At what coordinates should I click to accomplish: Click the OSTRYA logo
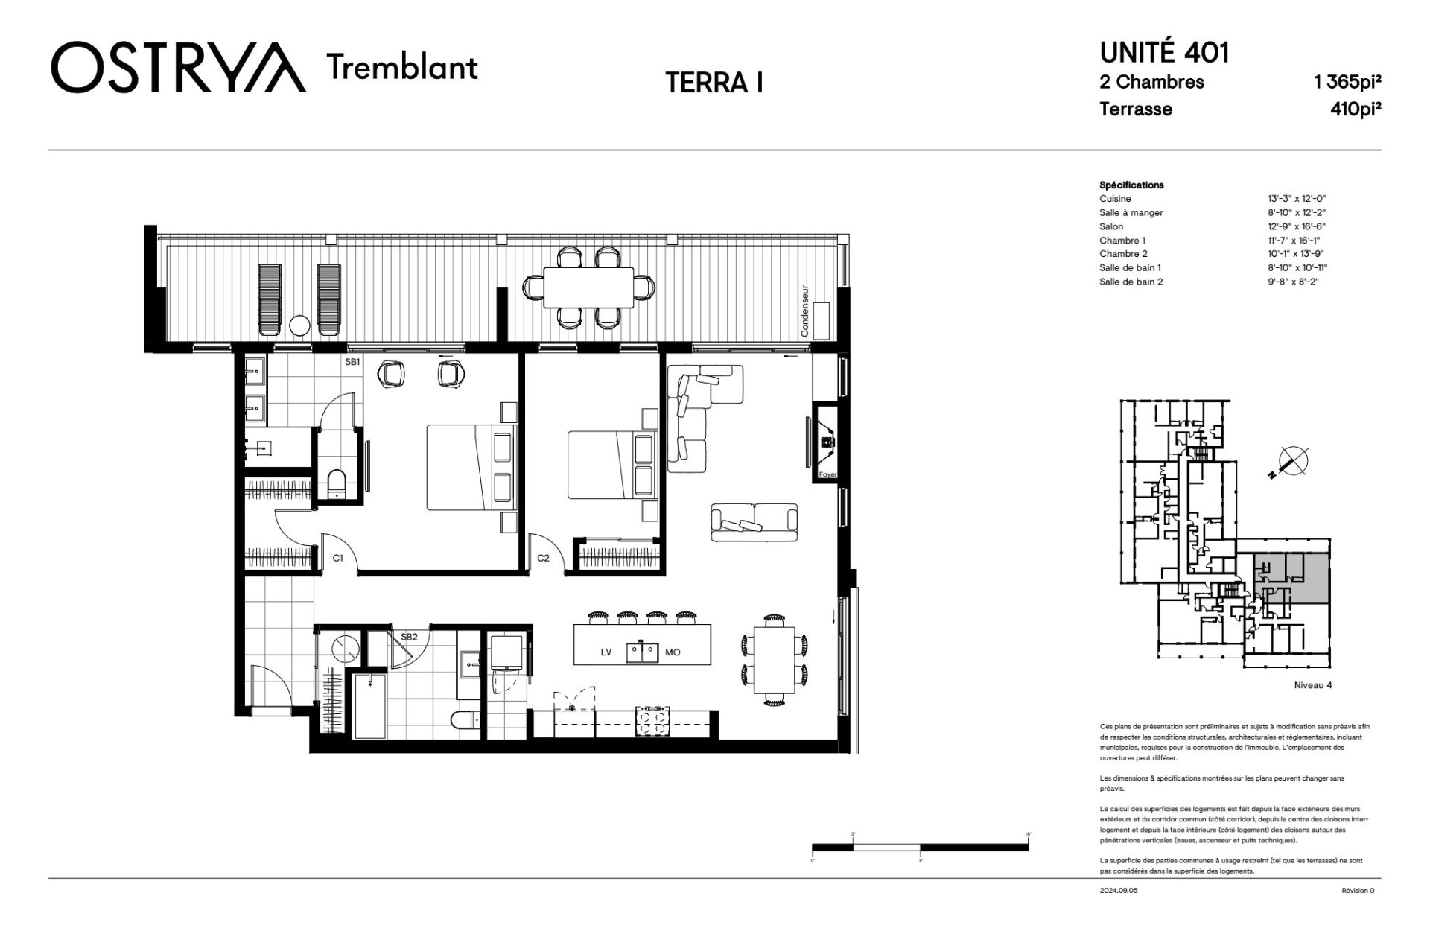179,67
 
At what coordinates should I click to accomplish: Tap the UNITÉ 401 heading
1165,53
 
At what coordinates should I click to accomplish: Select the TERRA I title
714,83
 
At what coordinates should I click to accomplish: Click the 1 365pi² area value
1348,82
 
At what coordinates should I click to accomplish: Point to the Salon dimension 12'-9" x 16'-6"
1297,226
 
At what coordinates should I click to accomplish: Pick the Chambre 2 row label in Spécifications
1123,254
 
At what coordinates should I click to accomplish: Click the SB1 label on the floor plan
352,363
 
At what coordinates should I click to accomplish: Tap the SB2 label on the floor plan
409,637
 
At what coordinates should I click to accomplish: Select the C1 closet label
337,558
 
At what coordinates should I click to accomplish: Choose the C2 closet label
543,558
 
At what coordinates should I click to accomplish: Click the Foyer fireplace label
827,474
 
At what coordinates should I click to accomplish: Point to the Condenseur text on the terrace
804,311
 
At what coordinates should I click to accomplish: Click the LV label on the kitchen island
606,652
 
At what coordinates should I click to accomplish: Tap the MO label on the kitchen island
673,652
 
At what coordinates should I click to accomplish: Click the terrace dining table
588,287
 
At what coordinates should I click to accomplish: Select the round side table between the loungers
299,325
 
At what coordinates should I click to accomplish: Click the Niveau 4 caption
1313,685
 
